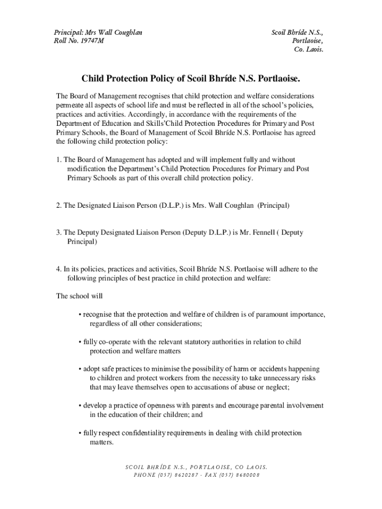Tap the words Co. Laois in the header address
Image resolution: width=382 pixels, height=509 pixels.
pyautogui.click(x=309, y=50)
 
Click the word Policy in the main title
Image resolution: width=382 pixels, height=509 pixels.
pyautogui.click(x=159, y=79)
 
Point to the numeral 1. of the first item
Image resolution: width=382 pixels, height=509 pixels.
pyautogui.click(x=59, y=160)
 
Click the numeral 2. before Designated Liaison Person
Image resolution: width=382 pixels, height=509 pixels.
pyautogui.click(x=59, y=205)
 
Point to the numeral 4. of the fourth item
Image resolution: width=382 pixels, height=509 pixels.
pyautogui.click(x=59, y=269)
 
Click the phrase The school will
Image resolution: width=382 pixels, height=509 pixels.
pyautogui.click(x=79, y=296)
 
